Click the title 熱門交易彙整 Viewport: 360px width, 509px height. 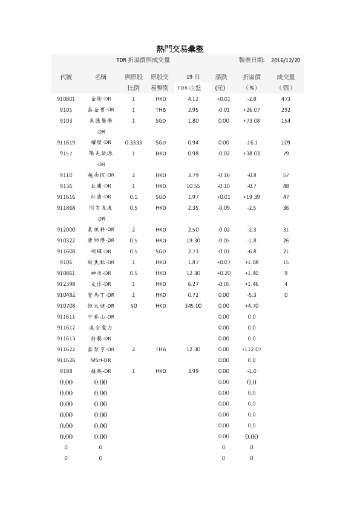coord(180,49)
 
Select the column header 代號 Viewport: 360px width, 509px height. coord(67,77)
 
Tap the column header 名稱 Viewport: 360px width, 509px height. coord(101,77)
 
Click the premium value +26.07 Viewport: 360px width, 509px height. coord(252,110)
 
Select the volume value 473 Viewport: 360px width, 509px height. coord(286,99)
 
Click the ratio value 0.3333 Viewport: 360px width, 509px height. coord(133,143)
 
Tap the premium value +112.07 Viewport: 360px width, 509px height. coord(252,349)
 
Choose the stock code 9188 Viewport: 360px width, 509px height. coord(67,371)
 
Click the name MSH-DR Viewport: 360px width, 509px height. coord(100,360)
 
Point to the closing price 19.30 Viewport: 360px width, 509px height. coord(193,240)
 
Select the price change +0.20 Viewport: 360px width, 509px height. coord(223,273)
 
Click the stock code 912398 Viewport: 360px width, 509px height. coord(67,284)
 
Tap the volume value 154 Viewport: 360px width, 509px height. coord(286,121)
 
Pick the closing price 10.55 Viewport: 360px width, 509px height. coord(193,186)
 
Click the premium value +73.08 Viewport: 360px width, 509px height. coord(252,121)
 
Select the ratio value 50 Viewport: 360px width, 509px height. coord(133,306)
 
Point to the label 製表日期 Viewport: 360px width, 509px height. coord(252,60)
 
